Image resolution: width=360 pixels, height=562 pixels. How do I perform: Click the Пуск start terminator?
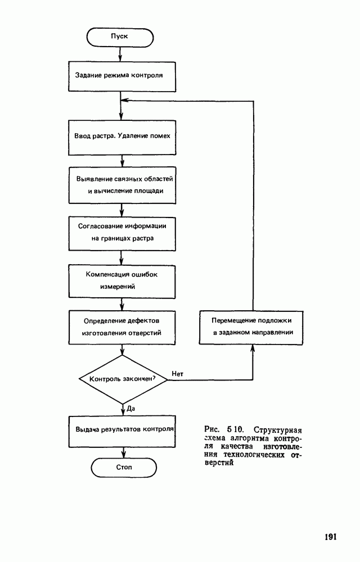click(x=120, y=36)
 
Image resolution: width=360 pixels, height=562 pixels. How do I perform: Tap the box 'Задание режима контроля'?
click(x=120, y=75)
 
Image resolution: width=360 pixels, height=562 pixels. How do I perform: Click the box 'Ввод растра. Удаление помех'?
click(x=122, y=137)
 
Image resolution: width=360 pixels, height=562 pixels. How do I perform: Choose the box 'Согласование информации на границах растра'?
click(x=123, y=232)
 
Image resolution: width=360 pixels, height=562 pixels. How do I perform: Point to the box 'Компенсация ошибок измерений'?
click(x=123, y=280)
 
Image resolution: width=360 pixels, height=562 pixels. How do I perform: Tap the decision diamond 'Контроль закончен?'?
click(x=123, y=379)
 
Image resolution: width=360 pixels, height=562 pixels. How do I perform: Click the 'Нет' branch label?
click(x=178, y=373)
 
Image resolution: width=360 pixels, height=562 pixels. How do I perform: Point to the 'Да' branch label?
click(x=130, y=408)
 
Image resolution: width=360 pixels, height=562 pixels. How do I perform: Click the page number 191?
click(x=330, y=537)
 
